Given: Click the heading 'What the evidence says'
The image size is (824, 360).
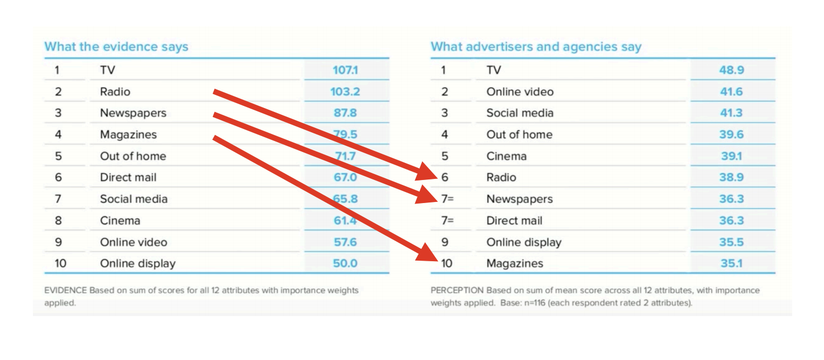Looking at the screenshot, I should coord(116,47).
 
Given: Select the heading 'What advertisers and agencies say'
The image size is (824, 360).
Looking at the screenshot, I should coord(535,47).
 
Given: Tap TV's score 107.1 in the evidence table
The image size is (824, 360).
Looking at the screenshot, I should coord(345,70).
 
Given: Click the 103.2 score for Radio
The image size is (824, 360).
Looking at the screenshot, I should coord(345,92).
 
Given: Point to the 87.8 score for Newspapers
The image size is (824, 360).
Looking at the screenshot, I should coord(345,113).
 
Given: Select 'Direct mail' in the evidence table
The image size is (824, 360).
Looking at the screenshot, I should coord(128,177).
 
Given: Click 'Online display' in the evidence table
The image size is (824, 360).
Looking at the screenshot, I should coord(137,263).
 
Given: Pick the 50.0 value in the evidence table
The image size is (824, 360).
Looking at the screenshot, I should coord(345,263).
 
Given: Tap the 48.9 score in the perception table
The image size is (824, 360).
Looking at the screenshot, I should coord(731,70).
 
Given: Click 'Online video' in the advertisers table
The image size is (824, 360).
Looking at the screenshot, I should coord(520,92).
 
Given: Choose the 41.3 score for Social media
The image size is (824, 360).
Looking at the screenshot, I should coord(731,113).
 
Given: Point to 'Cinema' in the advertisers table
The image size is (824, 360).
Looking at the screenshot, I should coord(506,156).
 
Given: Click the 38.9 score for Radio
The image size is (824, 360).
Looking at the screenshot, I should coord(731,177).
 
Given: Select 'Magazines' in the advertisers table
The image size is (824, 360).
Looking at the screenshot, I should coord(514,263).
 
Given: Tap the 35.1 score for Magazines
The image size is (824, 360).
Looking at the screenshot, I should coord(731,263).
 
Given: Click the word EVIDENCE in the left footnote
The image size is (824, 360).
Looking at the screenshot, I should coord(65,290).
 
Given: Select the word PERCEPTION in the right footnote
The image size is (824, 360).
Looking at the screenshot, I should coord(457,290).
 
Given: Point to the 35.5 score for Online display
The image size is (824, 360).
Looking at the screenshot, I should coord(731,242).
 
